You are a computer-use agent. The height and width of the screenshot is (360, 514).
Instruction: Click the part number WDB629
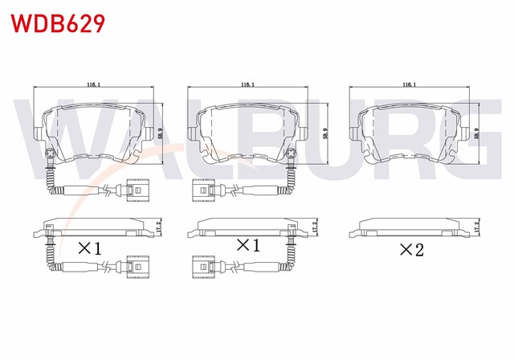(x=57, y=23)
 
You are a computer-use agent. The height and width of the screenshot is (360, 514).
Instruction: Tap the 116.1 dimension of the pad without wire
(x=408, y=84)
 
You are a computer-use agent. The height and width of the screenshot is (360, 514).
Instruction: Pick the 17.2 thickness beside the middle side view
(x=316, y=227)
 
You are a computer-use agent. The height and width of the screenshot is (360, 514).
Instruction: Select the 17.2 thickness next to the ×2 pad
(x=477, y=227)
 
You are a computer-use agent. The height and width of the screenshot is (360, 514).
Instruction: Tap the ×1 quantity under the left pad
(x=88, y=248)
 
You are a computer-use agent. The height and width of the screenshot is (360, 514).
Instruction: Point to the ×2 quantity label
(x=411, y=250)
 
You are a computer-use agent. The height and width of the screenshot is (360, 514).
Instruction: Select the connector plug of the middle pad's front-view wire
(x=201, y=191)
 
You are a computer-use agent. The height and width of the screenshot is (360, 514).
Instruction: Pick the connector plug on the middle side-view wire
(x=201, y=266)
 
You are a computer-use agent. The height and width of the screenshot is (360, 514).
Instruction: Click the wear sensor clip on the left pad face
(x=51, y=155)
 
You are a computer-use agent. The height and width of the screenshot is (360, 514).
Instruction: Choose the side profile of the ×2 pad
(x=408, y=228)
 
